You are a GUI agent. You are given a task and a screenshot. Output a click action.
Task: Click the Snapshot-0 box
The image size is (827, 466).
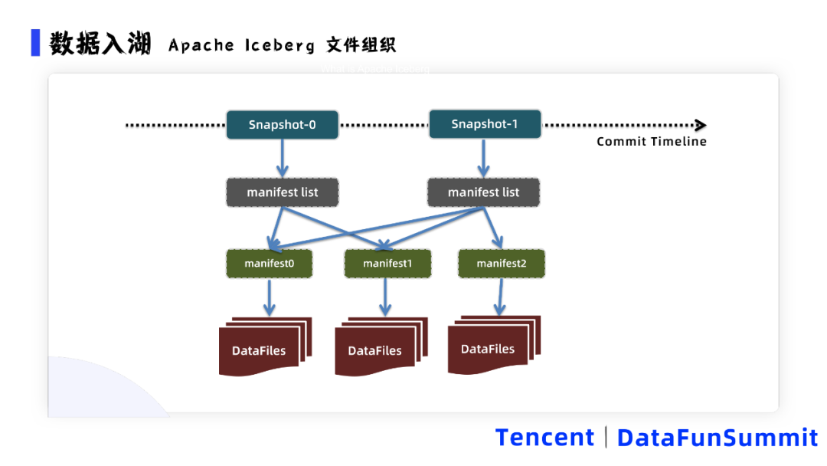coord(282,125)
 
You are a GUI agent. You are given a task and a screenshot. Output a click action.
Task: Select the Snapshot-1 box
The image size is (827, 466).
coord(485,124)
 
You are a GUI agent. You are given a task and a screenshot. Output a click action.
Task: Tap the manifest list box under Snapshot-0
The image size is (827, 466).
coord(282,192)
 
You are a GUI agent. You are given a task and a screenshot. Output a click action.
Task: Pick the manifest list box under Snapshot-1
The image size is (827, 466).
coord(483,192)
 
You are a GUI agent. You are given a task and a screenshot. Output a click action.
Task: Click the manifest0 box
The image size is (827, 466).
coord(269,263)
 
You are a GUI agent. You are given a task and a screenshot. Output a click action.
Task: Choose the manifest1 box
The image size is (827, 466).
coord(387,263)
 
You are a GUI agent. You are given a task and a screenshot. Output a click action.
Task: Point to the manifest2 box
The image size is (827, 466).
coord(502,263)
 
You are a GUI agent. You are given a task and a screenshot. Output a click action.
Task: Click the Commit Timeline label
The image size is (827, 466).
coord(652,141)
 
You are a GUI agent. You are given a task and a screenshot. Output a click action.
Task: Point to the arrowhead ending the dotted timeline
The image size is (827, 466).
coord(700,125)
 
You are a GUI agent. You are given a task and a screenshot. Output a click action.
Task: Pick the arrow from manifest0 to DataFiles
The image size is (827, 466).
coord(269,297)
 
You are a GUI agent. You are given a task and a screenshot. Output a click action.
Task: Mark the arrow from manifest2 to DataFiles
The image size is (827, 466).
coord(501,297)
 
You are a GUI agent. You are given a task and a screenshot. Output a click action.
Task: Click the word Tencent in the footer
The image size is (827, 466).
coord(544,438)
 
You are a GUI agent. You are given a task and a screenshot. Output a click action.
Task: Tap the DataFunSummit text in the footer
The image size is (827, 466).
coord(717,438)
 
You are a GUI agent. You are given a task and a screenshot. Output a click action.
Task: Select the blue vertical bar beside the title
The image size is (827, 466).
coord(35,43)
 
